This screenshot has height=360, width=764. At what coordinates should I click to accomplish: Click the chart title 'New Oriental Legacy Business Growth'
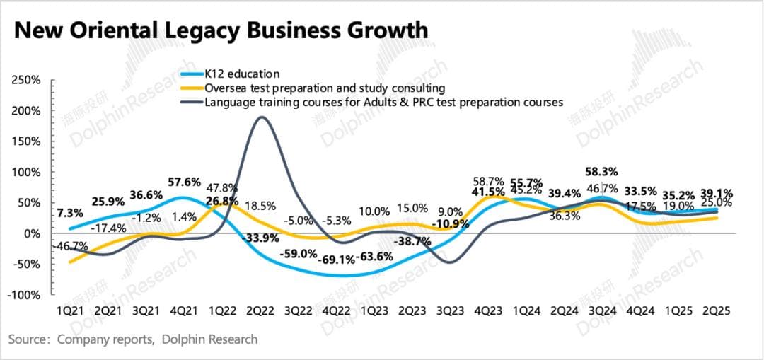coord(221,30)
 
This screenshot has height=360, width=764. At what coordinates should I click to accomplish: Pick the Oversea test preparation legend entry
coord(324,88)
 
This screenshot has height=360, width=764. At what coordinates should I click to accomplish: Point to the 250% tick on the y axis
coord(26,81)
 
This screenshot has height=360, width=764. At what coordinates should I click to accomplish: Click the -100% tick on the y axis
coord(23,295)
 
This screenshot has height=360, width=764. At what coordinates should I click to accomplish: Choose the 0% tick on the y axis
coord(33,233)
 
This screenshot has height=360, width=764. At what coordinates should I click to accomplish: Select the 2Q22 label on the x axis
coord(262,310)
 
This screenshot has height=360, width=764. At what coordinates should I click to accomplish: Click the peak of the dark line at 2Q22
coord(262,117)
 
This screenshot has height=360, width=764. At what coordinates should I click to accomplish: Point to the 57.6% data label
coord(185,182)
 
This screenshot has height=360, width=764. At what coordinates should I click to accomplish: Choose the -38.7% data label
coord(412,240)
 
